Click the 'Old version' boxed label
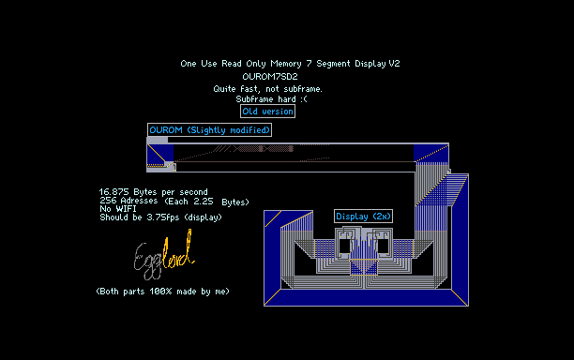tap(267, 112)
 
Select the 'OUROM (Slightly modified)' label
tap(209, 130)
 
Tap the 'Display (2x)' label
tap(363, 217)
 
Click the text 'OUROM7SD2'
tap(270, 77)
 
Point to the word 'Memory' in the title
tap(286, 64)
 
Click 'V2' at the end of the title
tap(394, 64)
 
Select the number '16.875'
tap(113, 192)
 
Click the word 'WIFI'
tap(126, 209)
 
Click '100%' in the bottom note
tap(160, 292)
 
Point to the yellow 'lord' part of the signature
tap(178, 250)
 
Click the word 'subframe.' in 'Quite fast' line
tap(303, 89)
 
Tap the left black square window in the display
tap(344, 245)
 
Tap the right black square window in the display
tap(384, 245)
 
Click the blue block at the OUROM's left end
tap(160, 154)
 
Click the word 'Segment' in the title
tap(333, 64)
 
